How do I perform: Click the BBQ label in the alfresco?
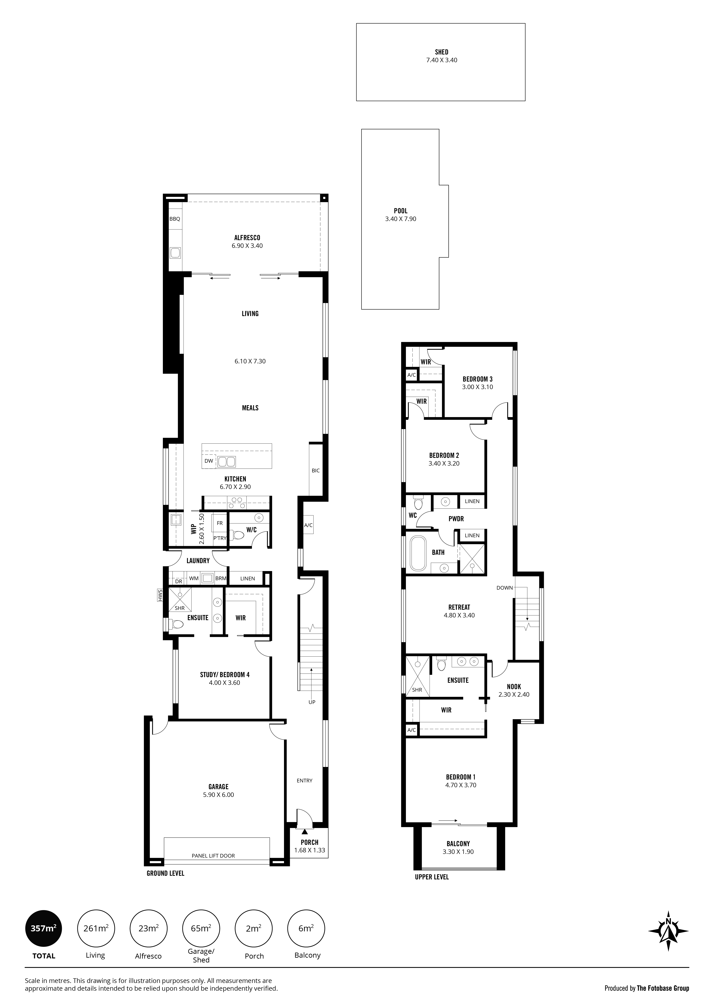pyautogui.click(x=174, y=219)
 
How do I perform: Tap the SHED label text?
pyautogui.click(x=442, y=52)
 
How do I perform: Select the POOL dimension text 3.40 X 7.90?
pyautogui.click(x=400, y=219)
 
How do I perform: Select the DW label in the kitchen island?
pyautogui.click(x=208, y=461)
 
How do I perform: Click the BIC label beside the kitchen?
pyautogui.click(x=316, y=471)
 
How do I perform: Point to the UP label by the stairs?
pyautogui.click(x=312, y=702)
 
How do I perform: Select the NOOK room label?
pyautogui.click(x=514, y=687)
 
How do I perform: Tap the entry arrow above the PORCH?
pyautogui.click(x=305, y=825)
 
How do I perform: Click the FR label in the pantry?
pyautogui.click(x=220, y=523)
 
